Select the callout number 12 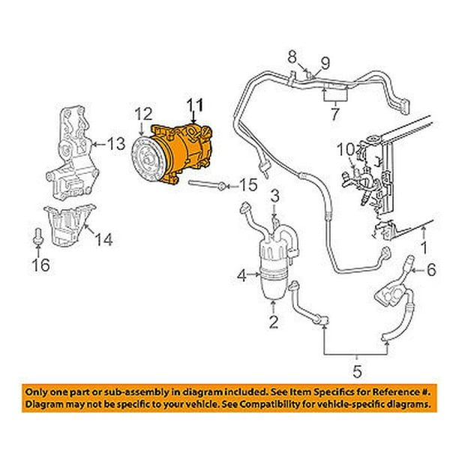click(x=143, y=114)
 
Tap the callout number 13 click(x=117, y=143)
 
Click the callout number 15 click(x=249, y=184)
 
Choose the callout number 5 click(x=356, y=370)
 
